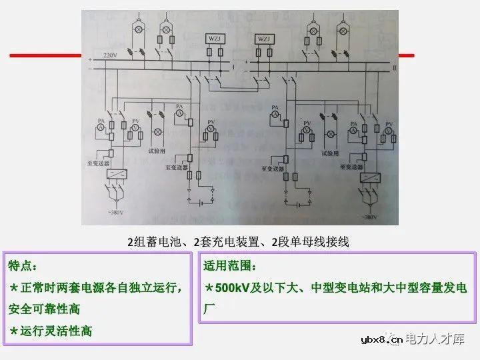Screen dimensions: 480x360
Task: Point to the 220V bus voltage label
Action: point(109,54)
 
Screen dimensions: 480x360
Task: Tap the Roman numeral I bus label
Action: point(233,67)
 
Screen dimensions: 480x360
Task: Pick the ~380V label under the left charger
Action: point(112,213)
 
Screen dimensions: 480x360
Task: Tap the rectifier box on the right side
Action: point(369,178)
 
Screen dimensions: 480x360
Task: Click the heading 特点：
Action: point(25,266)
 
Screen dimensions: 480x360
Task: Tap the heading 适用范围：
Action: point(229,266)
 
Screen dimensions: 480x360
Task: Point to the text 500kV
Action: point(233,288)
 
